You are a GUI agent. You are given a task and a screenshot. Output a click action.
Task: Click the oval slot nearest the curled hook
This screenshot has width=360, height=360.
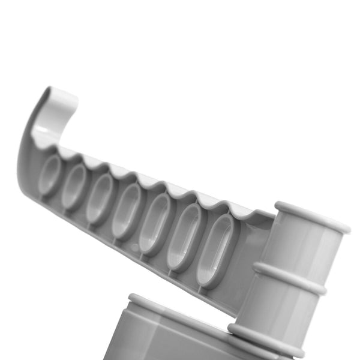coord(50,174)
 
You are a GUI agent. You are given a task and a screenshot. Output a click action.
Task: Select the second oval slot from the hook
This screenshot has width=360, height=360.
coord(75,186)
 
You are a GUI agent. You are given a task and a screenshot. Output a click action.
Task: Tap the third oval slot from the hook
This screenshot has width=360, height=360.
coord(100,199)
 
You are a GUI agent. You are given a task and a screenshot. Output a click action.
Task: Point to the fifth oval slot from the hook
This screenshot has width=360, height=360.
coord(154,223)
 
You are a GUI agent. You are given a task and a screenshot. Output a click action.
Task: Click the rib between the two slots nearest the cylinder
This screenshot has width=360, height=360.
coord(198,243)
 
